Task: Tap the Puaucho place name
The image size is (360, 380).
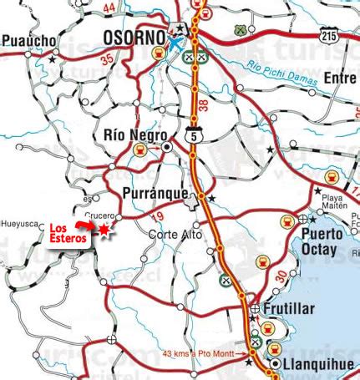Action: click(x=29, y=39)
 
